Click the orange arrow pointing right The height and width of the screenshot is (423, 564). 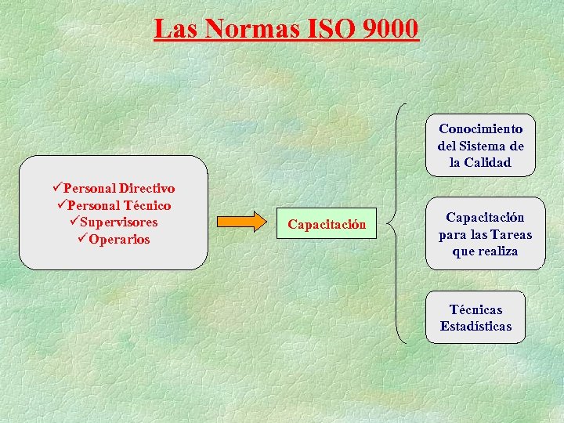click(x=241, y=222)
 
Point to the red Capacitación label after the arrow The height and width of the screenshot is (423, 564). click(x=327, y=225)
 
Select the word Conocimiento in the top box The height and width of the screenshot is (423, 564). click(x=481, y=128)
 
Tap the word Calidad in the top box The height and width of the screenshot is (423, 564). click(x=486, y=163)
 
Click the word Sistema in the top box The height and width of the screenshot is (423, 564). click(x=482, y=146)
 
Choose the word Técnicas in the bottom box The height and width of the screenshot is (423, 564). click(x=475, y=309)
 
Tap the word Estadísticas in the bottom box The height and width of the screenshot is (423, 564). click(x=475, y=327)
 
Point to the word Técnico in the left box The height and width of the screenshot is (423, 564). click(x=145, y=205)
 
